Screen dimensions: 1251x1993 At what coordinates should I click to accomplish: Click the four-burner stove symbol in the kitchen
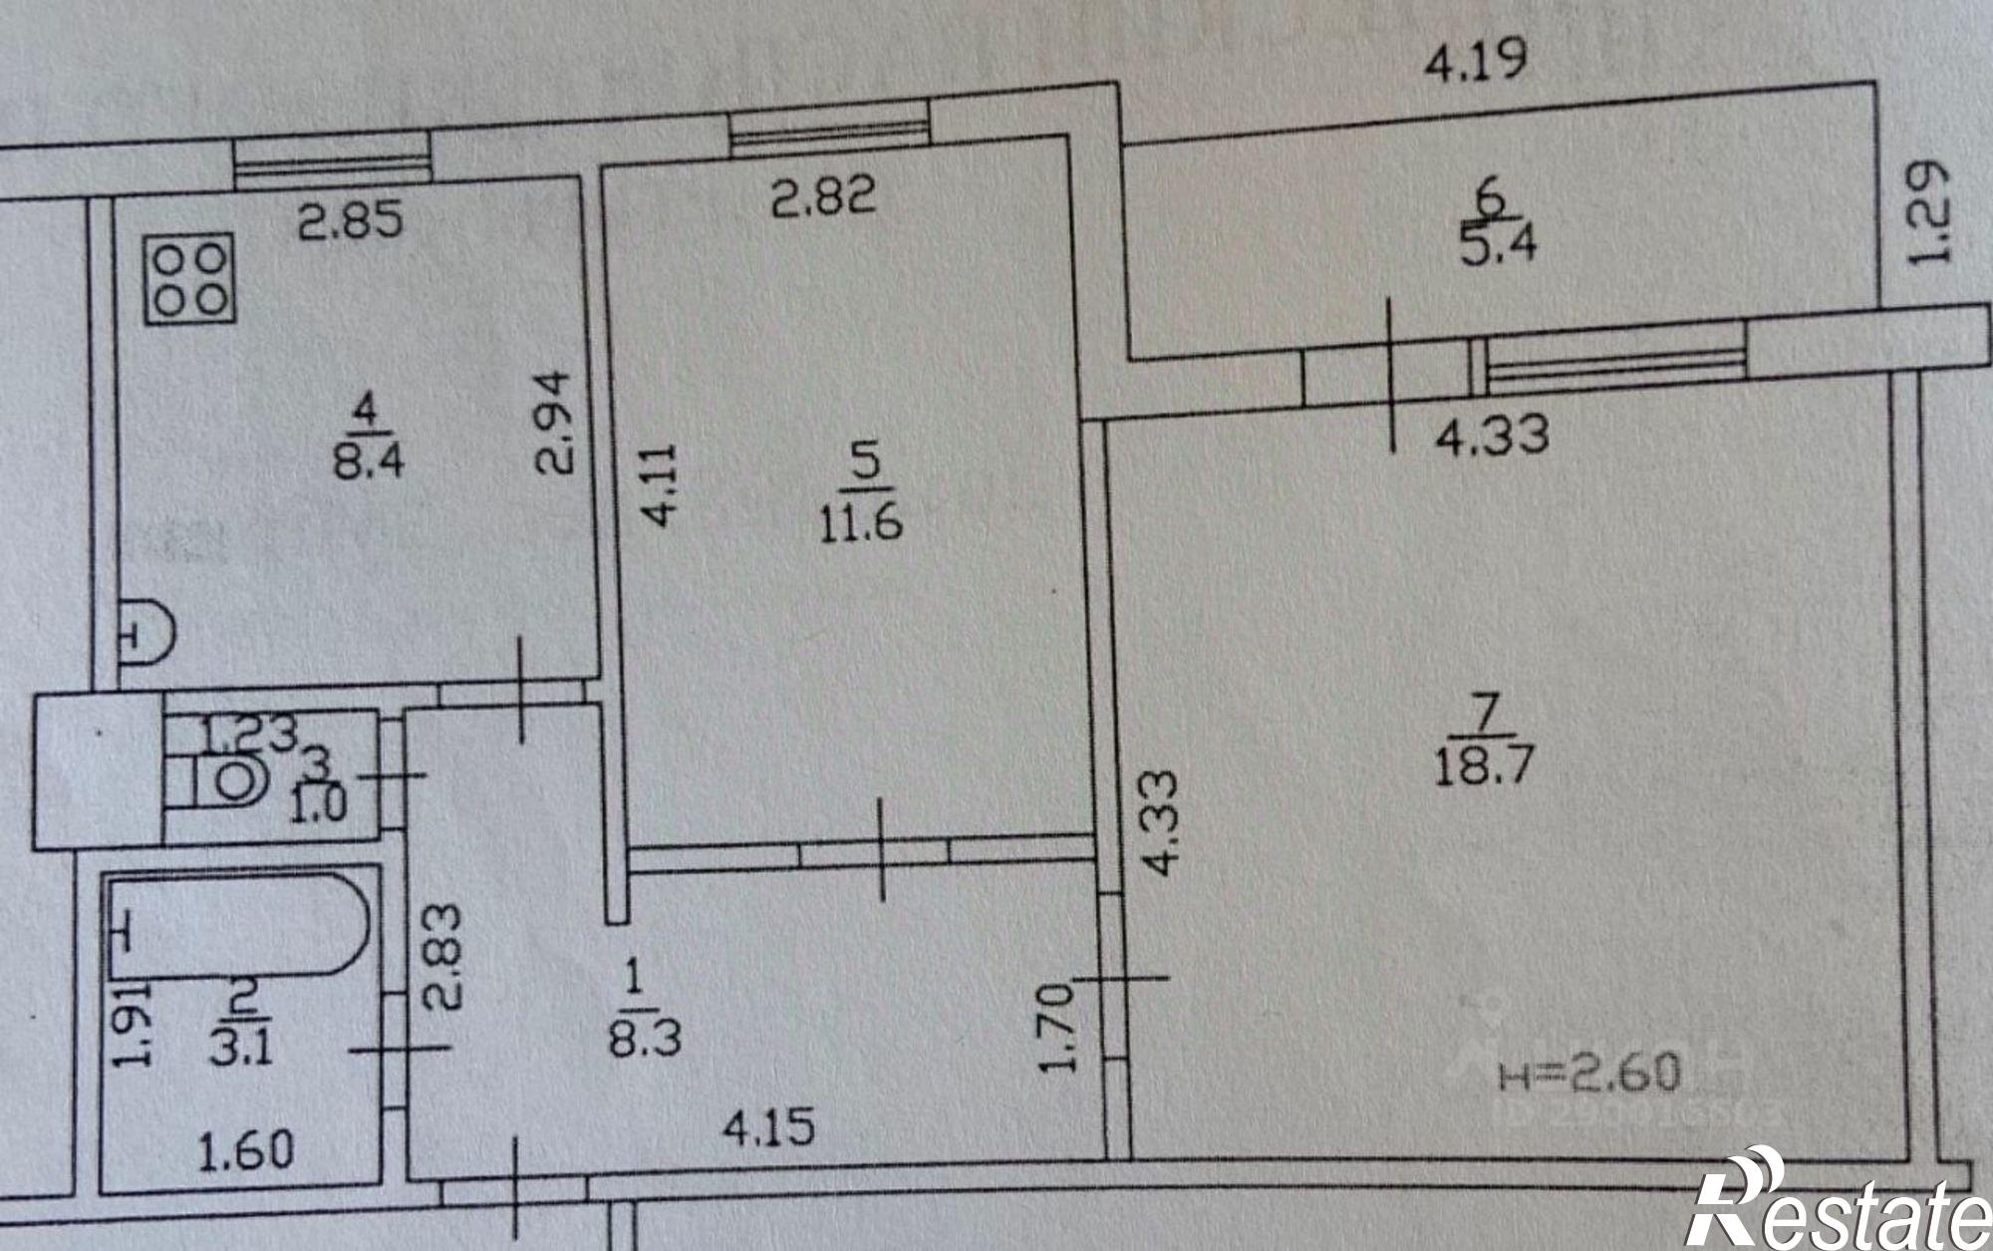point(190,279)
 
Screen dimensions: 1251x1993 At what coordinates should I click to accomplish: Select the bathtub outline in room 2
point(239,926)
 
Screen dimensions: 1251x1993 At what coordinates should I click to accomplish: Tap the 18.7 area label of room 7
point(1484,767)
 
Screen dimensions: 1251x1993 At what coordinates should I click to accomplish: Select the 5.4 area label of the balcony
point(1498,244)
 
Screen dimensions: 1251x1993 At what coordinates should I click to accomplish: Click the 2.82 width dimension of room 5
point(824,195)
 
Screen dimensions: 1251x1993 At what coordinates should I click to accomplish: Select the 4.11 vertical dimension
point(661,484)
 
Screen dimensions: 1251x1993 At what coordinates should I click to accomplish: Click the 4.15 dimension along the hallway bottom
point(768,1128)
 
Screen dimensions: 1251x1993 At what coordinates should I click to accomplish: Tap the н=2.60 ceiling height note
point(1589,1073)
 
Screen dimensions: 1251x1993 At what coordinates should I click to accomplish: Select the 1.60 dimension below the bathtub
point(245,1151)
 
